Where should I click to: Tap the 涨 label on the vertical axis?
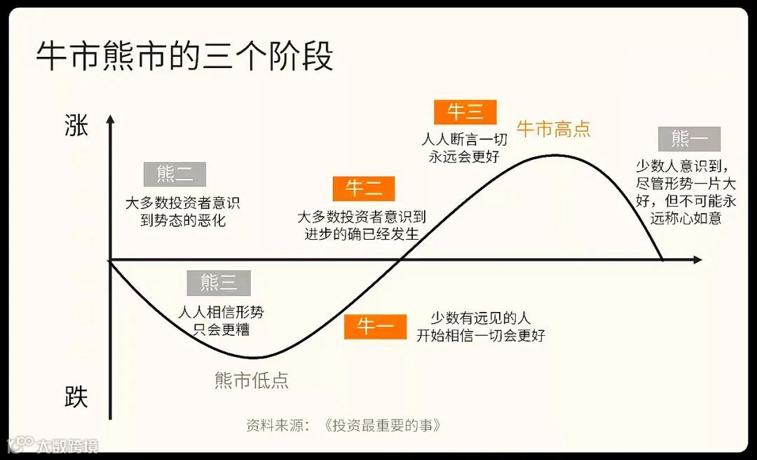(x=76, y=126)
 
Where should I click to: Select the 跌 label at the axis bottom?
(x=76, y=397)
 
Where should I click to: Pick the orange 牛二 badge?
(x=363, y=189)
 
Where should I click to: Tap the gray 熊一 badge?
(x=689, y=139)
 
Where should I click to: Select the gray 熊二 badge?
(x=175, y=174)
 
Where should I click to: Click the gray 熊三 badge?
(x=219, y=283)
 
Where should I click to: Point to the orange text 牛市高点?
(x=553, y=129)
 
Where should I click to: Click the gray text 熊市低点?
(x=251, y=380)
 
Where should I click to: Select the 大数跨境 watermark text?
(x=67, y=445)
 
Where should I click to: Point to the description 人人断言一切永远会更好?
(x=464, y=148)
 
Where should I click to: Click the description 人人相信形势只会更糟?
(x=221, y=320)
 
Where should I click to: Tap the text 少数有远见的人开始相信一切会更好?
(x=481, y=327)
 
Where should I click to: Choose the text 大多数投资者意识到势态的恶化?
(x=182, y=212)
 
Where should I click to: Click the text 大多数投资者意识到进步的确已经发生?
(x=362, y=226)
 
